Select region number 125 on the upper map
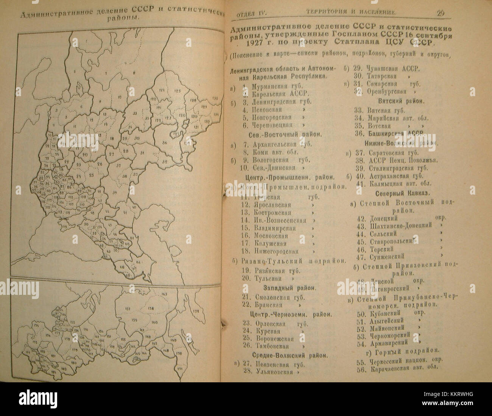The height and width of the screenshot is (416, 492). click(x=178, y=91)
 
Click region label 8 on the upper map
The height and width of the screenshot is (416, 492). click(x=134, y=72)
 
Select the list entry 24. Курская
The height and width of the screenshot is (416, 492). click(x=267, y=331)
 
